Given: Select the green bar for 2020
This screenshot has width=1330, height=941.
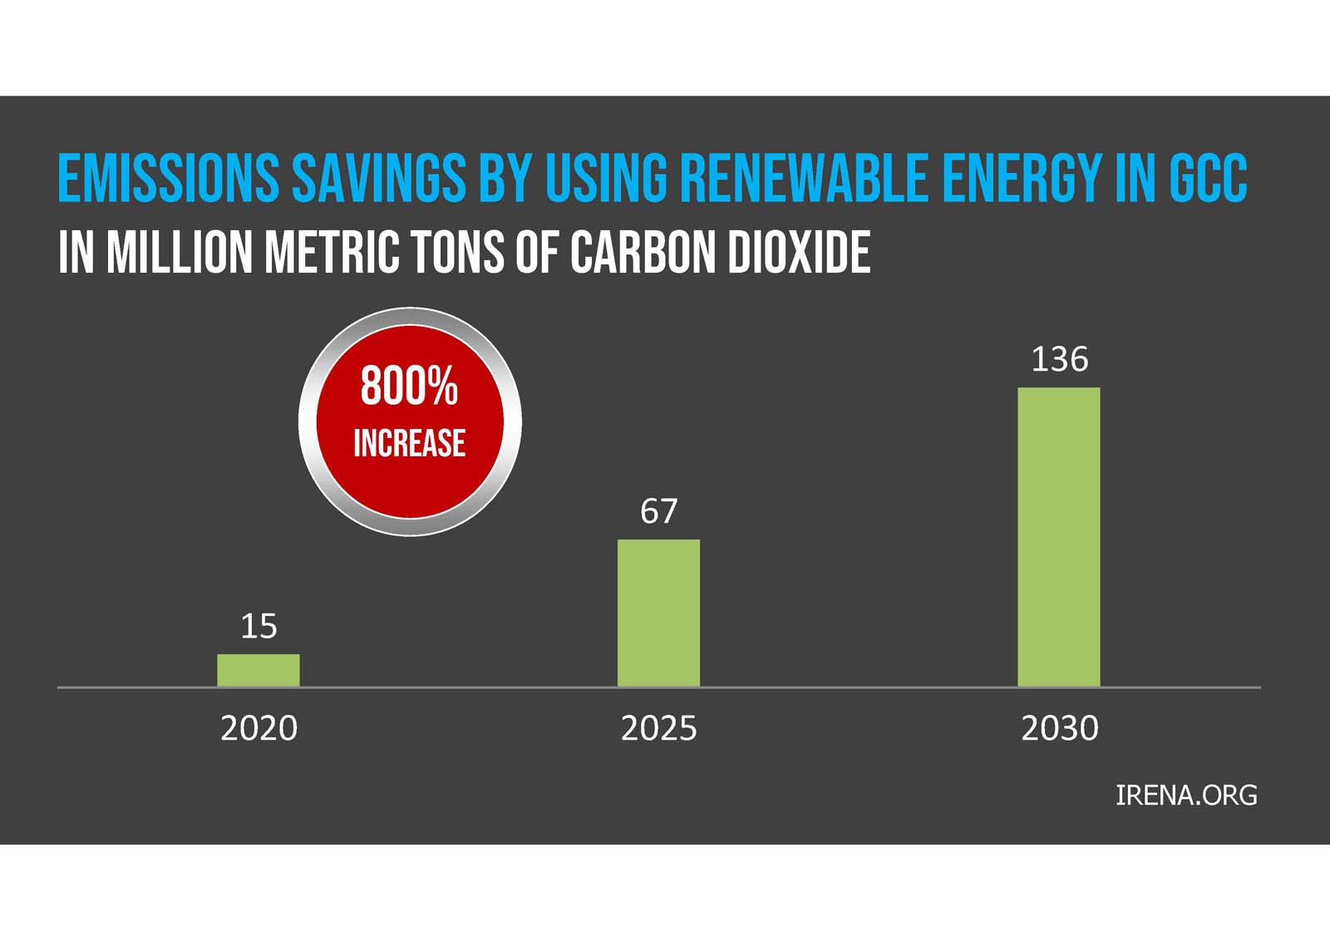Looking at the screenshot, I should click(259, 670).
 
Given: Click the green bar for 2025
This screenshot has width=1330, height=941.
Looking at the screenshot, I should click(658, 613).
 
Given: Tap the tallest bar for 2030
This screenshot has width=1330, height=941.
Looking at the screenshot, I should click(1059, 537).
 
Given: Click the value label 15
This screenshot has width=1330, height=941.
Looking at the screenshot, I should click(259, 626).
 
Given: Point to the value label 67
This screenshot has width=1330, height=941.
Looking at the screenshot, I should click(658, 511).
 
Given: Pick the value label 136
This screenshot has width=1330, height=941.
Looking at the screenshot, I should click(1059, 359).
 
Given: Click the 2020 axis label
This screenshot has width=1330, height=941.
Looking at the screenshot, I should click(259, 728).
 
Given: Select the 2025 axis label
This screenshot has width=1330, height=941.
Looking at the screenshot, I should click(658, 728).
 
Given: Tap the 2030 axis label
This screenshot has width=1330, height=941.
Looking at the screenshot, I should click(1059, 728).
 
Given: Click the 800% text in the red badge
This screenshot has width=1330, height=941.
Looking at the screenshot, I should click(409, 387).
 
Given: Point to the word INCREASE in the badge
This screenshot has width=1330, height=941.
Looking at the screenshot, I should click(409, 442).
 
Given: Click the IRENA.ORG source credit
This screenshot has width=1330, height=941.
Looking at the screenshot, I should click(1185, 796).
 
